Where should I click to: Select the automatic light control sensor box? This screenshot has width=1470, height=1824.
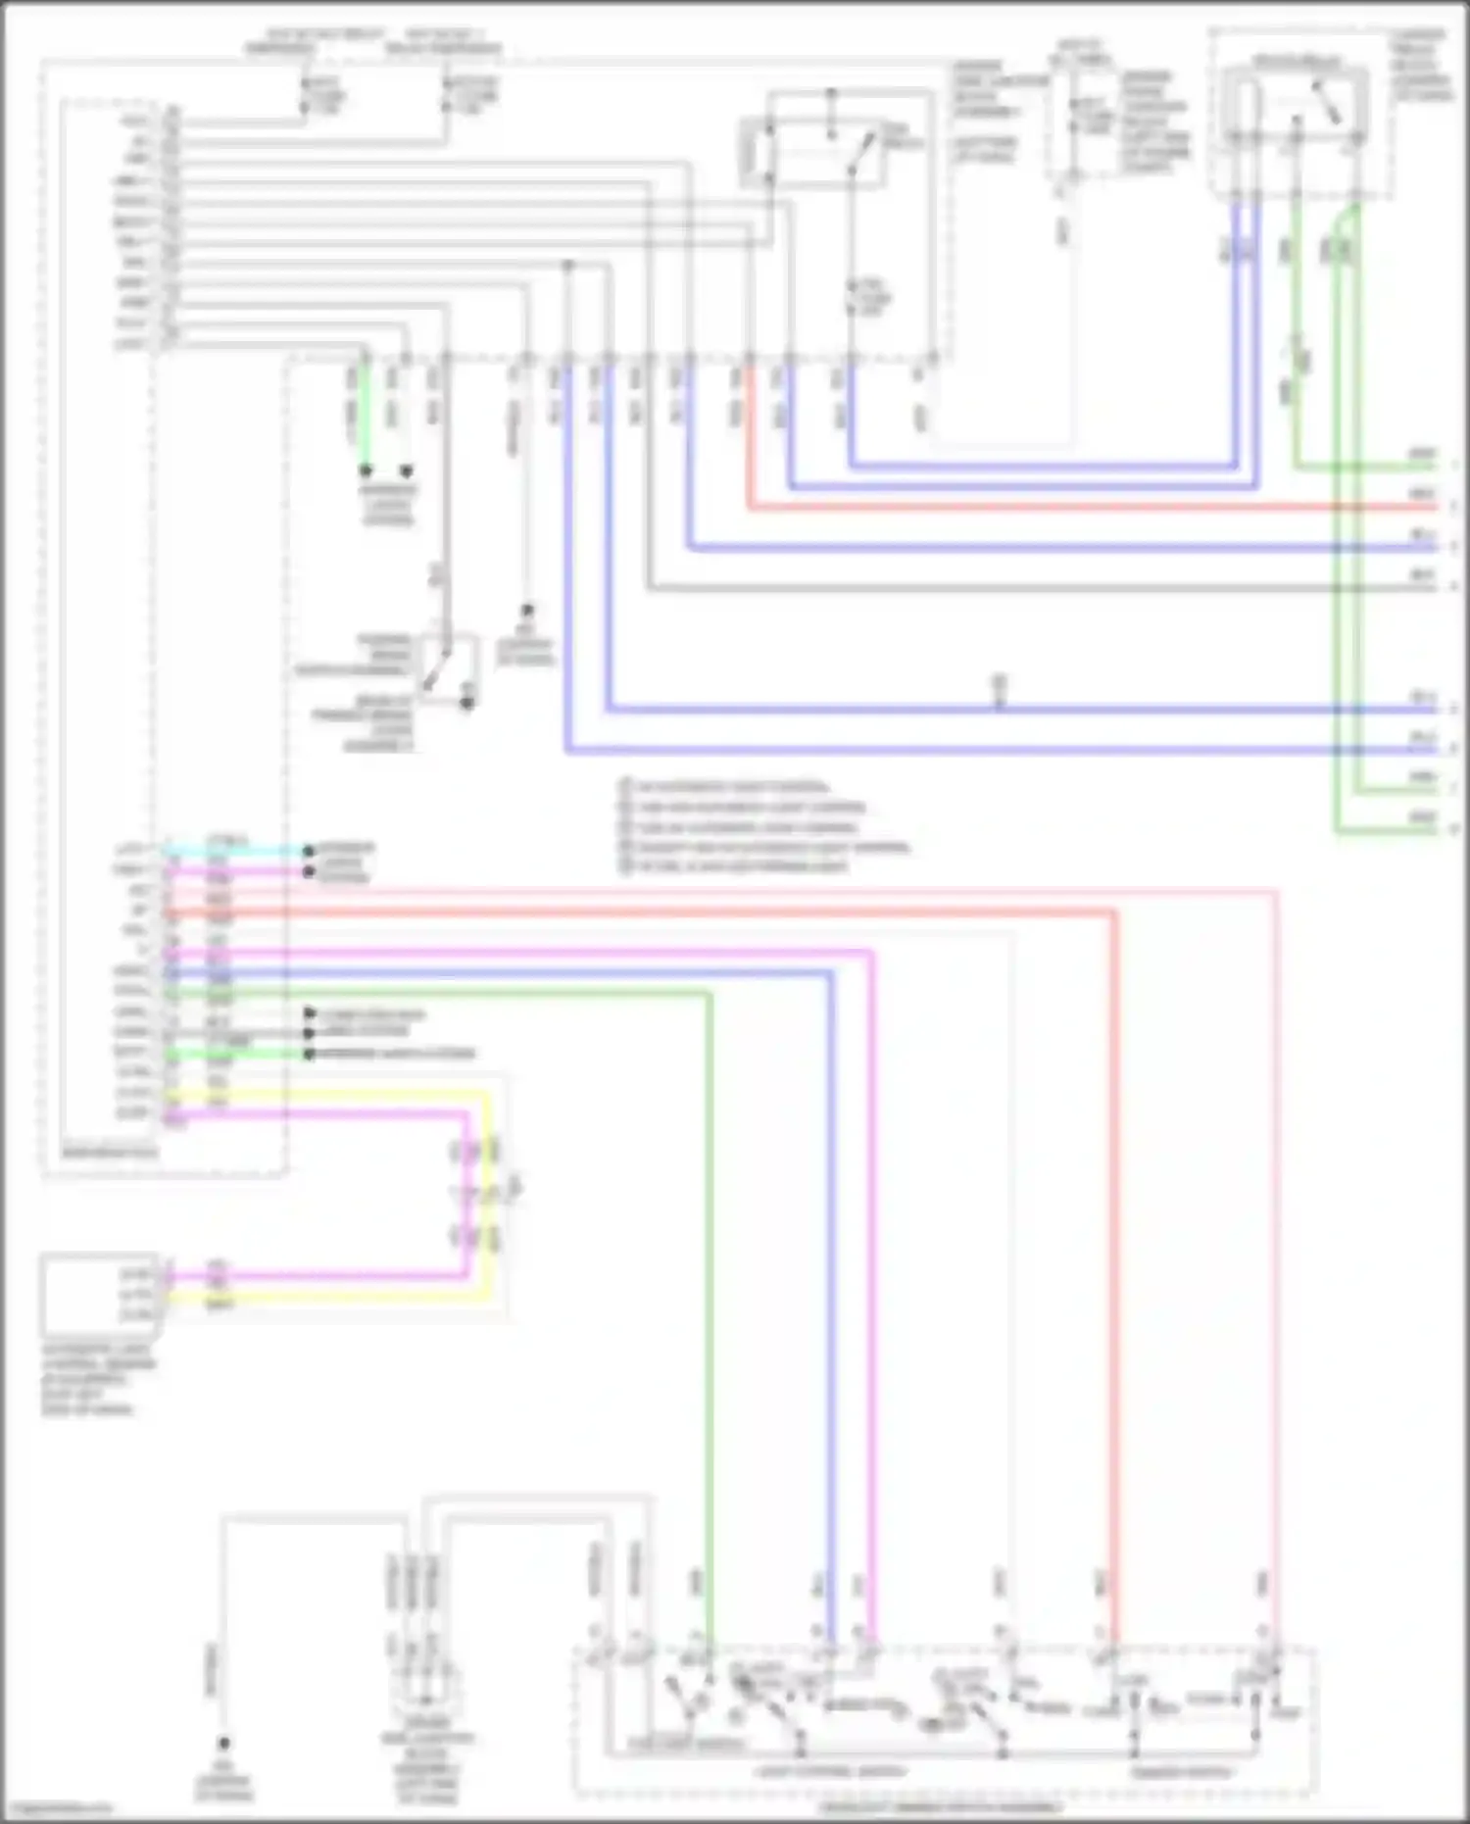point(99,1294)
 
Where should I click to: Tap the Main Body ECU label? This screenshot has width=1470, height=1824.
point(108,1153)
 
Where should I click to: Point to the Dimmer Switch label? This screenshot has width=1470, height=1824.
point(1180,1772)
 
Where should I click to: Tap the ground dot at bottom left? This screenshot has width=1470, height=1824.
point(223,1743)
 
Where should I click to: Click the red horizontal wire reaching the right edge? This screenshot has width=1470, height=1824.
point(1078,507)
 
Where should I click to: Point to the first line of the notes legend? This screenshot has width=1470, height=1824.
point(730,786)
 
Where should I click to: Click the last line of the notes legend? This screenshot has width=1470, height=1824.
point(740,866)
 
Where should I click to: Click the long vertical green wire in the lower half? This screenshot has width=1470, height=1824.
point(708,1274)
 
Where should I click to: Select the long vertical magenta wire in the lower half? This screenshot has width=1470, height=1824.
point(870,1274)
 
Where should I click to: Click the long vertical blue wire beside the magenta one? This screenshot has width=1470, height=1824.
point(830,1274)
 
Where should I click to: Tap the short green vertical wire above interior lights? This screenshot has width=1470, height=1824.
point(364,417)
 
